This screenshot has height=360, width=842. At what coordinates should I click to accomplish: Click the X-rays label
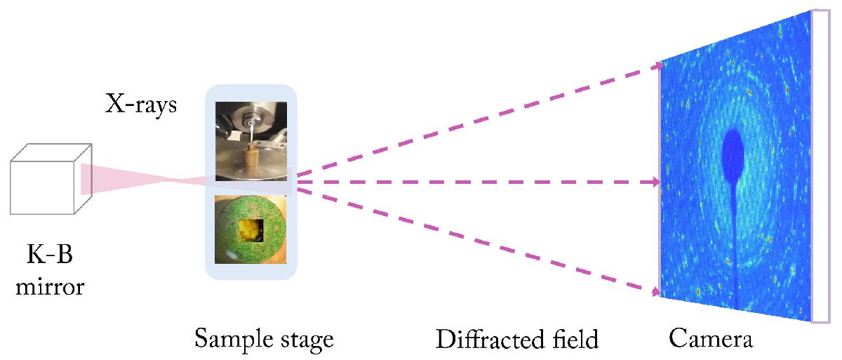tap(141, 104)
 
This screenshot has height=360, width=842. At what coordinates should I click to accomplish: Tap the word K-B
tap(50, 254)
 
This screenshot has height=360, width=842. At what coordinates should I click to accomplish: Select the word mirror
tap(50, 287)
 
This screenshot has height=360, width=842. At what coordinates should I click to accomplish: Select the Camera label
tap(711, 338)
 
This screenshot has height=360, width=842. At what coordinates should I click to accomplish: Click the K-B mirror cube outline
tap(51, 179)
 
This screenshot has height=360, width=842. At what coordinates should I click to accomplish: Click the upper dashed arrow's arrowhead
tap(658, 66)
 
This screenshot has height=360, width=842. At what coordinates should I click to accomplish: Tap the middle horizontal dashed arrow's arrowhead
tap(656, 182)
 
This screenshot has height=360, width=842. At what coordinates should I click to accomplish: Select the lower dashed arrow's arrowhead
tap(655, 292)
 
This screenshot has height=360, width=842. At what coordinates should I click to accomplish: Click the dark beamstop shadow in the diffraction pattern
tap(733, 157)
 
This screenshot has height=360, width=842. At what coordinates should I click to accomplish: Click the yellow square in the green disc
tap(250, 230)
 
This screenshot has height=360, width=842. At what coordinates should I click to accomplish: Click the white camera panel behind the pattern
tap(821, 166)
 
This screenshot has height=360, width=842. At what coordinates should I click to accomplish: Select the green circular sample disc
tap(250, 229)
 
